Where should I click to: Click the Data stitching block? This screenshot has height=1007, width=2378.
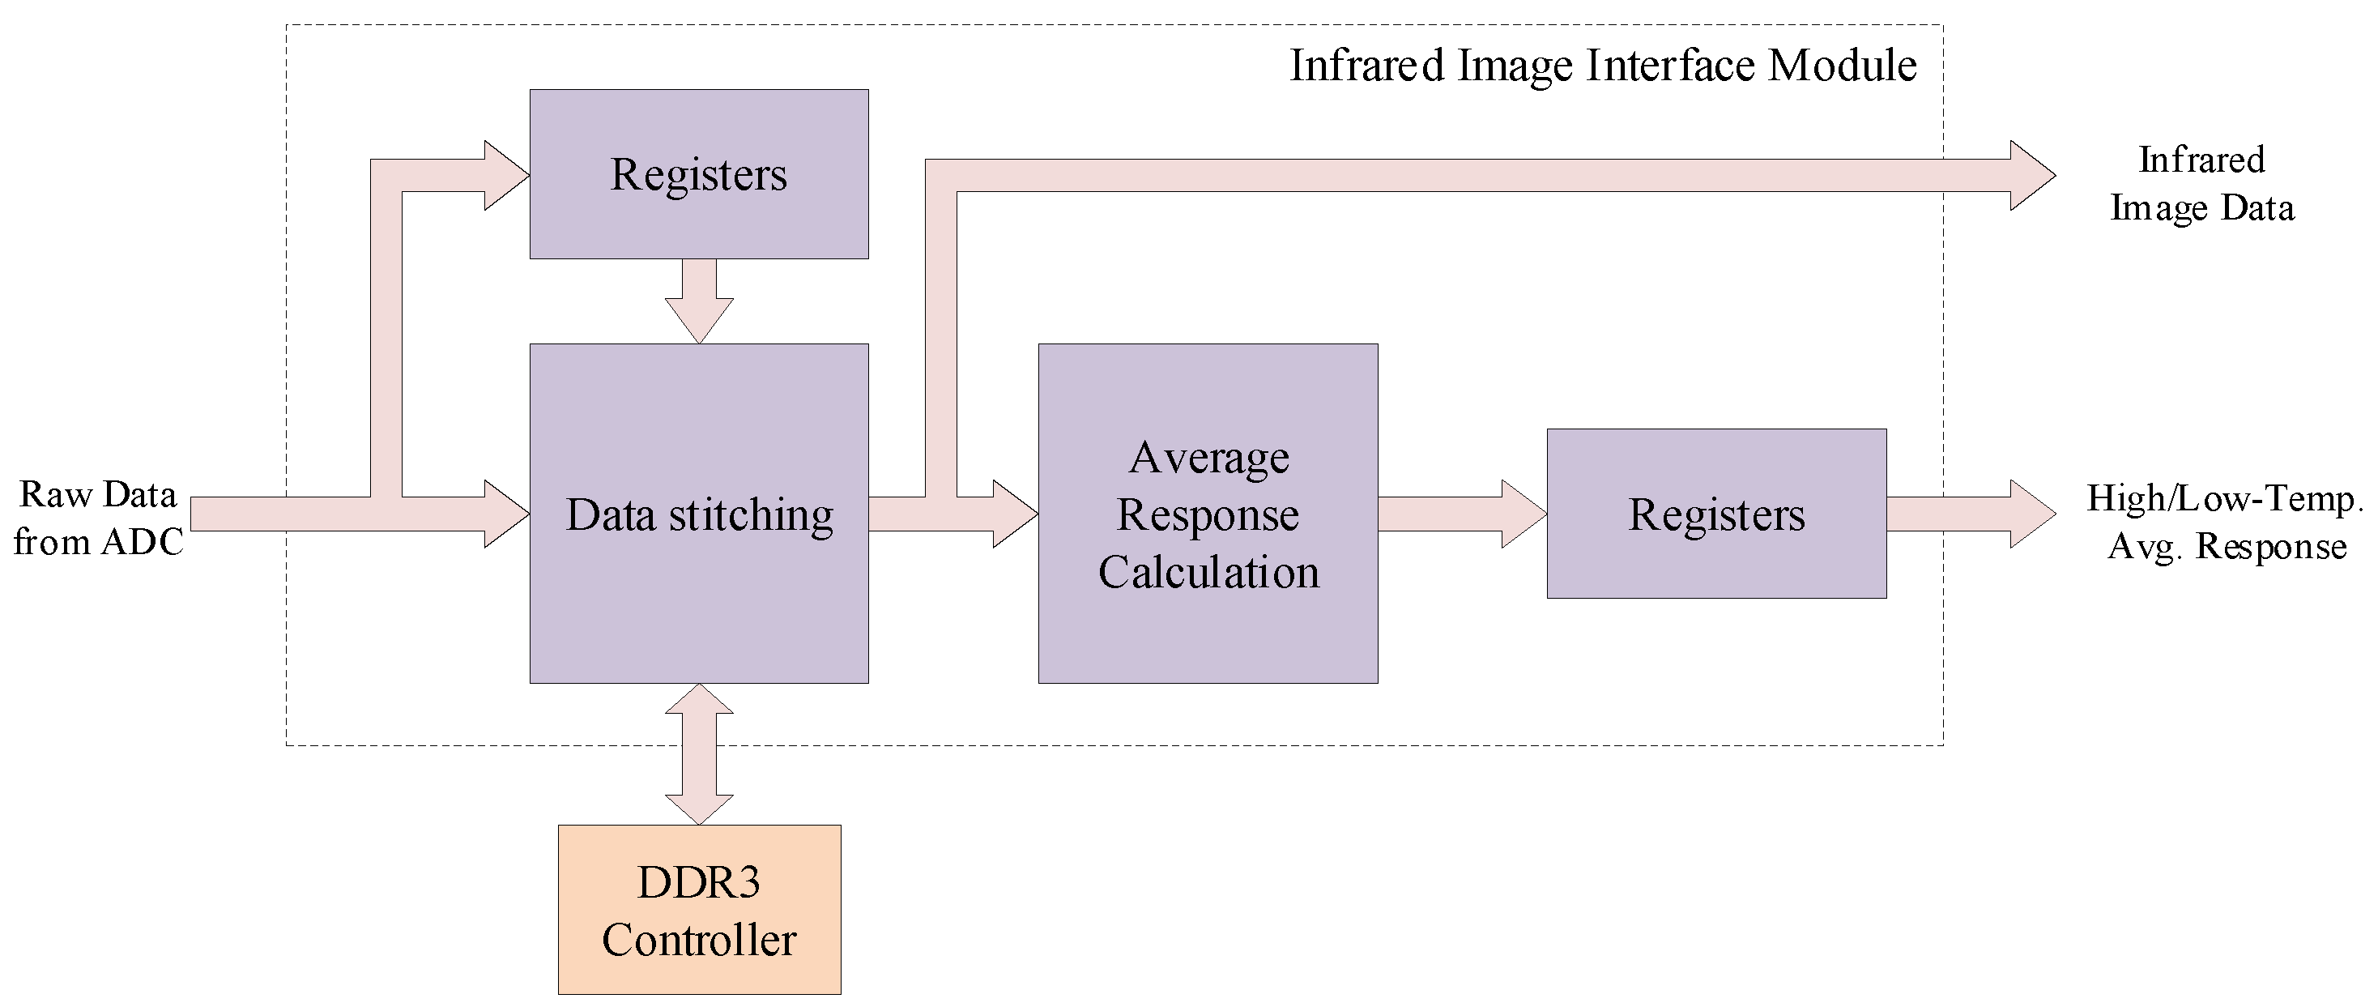(x=699, y=600)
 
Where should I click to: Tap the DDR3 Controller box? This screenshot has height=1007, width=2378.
(x=699, y=909)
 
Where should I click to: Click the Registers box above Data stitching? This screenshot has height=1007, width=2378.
(x=699, y=221)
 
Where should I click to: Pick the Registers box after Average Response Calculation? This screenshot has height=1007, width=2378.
(x=1716, y=563)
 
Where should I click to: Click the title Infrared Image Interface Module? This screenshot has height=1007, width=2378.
(x=1603, y=66)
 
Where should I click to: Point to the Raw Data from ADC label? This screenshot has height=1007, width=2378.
(x=98, y=518)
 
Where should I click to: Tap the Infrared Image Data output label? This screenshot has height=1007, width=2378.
(x=2201, y=184)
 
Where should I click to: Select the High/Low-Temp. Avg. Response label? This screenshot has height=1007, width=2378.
(x=2225, y=523)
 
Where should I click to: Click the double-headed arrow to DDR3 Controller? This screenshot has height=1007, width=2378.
(x=699, y=754)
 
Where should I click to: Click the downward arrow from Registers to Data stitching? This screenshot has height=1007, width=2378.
(x=699, y=302)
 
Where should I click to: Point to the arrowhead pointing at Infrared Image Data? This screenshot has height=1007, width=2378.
(x=2031, y=175)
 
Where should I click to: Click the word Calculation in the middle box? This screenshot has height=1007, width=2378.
(x=1208, y=572)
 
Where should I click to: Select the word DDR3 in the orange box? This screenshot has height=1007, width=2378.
(x=699, y=882)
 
